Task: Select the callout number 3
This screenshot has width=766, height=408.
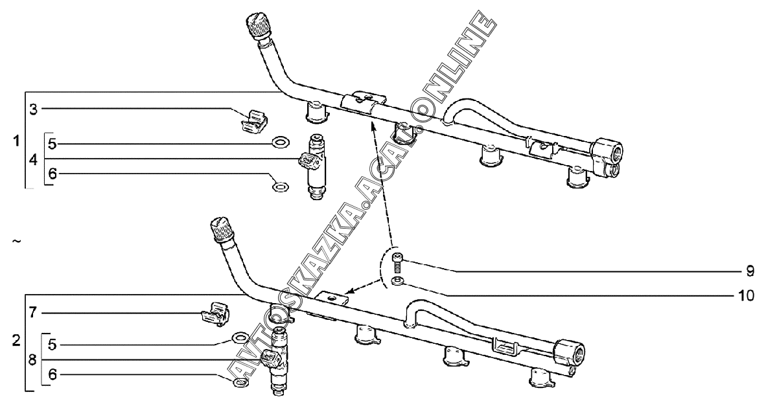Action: pos(33,108)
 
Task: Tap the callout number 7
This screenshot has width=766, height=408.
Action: pos(33,313)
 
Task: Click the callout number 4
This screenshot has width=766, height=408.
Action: pos(33,159)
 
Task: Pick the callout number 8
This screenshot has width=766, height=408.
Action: pos(33,359)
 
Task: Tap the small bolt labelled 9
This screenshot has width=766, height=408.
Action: pos(398,263)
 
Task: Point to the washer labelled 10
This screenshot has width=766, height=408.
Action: pos(397,280)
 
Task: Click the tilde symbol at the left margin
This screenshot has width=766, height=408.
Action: pos(16,242)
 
